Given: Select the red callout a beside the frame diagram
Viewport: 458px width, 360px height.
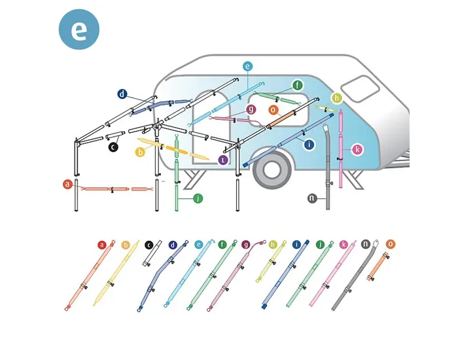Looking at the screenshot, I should pos(67,185).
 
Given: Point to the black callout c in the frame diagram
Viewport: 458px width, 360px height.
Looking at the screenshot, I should pos(113,147).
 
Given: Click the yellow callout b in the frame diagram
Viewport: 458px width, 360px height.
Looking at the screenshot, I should pos(139,152).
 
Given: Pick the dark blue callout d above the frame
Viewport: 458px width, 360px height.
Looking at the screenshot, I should pos(122,94).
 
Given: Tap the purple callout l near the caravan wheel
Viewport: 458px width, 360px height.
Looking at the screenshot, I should pos(223,159).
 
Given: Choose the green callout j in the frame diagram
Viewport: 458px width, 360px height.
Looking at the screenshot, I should pos(198,198).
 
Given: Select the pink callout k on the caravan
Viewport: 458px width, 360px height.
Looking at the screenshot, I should pos(357,149).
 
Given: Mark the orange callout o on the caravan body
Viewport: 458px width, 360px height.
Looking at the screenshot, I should pos(273,110).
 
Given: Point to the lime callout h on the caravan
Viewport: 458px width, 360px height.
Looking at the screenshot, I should pos(337,98).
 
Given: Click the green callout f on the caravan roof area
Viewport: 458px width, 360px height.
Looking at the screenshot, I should pos(298,85).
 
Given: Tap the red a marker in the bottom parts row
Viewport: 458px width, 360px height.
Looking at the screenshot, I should pos(101,245).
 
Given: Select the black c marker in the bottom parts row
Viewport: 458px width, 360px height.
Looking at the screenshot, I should pos(149,245).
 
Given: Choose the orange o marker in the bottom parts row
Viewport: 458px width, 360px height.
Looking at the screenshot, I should pos(391,244).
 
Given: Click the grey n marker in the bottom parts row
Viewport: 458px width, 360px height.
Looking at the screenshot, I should pos(366,244).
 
